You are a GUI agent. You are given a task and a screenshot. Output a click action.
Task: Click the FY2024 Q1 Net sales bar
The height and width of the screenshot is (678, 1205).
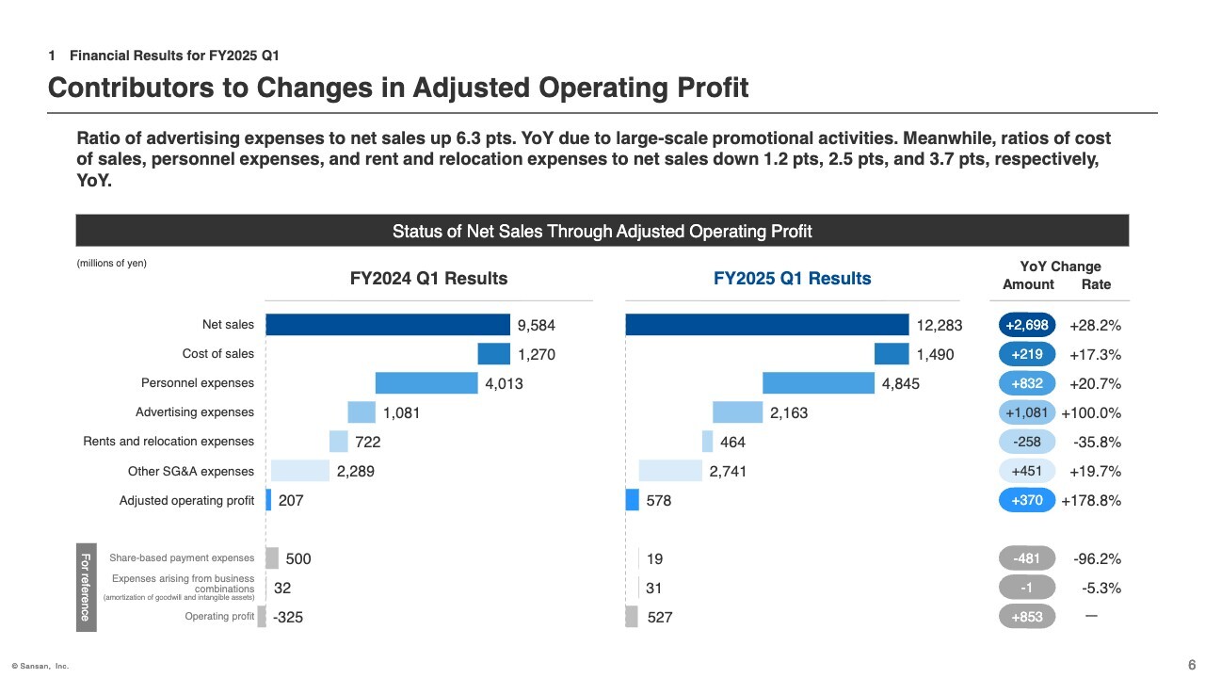tap(388, 325)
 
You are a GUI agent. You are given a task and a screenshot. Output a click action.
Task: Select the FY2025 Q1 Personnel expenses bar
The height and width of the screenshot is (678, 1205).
tap(818, 383)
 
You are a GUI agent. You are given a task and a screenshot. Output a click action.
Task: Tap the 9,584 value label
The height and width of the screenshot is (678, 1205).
tap(537, 326)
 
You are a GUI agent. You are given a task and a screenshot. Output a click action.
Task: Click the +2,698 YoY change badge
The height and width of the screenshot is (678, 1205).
tap(1026, 326)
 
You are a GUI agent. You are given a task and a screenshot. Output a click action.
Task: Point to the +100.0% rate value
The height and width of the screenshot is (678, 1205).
tap(1091, 412)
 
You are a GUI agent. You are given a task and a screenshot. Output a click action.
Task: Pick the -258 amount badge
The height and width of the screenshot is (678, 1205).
tap(1026, 442)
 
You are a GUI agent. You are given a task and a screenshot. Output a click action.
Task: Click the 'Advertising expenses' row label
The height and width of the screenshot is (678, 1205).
tap(195, 412)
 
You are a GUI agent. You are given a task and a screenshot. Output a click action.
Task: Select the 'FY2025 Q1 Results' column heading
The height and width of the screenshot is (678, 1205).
tap(792, 279)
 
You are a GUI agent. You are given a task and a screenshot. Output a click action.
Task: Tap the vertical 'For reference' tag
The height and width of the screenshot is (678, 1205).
tap(85, 587)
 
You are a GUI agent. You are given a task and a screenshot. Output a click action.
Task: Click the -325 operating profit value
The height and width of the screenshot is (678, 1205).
tap(288, 618)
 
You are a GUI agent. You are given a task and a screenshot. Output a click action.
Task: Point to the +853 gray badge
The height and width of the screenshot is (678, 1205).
tap(1026, 617)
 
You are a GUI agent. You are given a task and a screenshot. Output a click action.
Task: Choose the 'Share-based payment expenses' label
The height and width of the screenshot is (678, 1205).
tap(182, 558)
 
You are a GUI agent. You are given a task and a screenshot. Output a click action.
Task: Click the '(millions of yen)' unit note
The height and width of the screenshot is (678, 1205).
tap(111, 264)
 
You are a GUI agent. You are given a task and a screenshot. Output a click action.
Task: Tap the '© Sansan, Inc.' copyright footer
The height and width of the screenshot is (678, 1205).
tap(40, 666)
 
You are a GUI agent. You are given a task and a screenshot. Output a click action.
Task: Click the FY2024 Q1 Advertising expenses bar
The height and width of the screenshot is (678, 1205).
tap(361, 412)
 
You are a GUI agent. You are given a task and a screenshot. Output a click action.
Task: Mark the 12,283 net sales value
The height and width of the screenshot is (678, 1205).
tap(940, 326)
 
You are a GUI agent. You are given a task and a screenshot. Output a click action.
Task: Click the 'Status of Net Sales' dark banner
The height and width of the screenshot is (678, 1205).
tap(602, 231)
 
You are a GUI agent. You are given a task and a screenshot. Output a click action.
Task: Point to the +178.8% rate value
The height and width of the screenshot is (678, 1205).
tap(1091, 501)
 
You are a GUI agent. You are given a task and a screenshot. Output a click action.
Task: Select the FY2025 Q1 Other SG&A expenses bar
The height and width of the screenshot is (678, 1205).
tap(670, 471)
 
